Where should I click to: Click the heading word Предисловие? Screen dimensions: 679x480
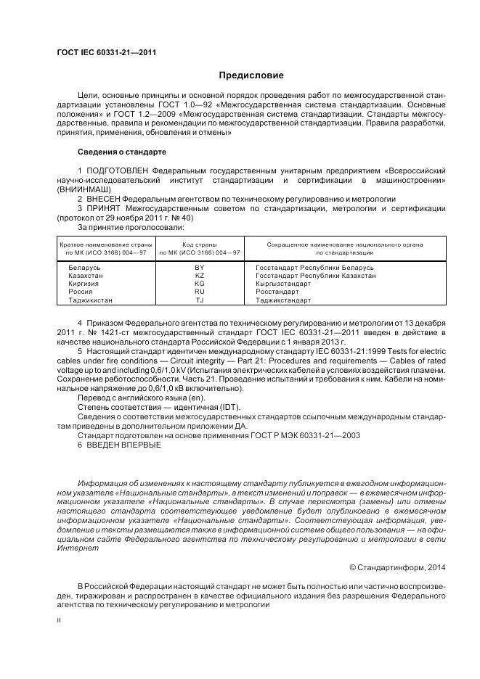(251, 75)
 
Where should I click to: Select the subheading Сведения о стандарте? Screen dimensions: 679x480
(121, 152)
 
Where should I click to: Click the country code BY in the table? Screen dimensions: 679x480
(200, 268)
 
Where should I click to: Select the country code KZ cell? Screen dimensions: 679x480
(200, 276)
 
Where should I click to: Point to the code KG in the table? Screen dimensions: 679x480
(200, 284)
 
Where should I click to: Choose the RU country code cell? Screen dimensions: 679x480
(200, 292)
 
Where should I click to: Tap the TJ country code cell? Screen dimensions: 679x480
(200, 300)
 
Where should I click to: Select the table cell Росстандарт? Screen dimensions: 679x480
(278, 292)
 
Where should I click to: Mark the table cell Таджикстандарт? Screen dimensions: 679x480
(283, 300)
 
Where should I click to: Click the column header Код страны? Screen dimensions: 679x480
(200, 244)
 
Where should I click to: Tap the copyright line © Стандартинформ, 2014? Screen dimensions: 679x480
(397, 567)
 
